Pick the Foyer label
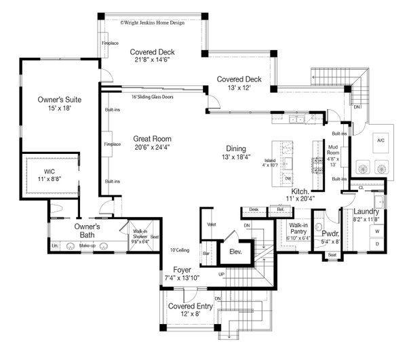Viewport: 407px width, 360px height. (181, 269)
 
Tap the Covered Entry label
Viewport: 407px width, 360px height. (191, 306)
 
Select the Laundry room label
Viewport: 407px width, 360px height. (367, 212)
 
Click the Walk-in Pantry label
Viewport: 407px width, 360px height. (299, 228)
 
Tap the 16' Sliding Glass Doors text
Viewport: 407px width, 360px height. (153, 97)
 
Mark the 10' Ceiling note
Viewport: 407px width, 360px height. (180, 250)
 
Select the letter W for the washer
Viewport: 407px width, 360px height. (378, 231)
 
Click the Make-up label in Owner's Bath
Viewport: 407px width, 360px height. (85, 244)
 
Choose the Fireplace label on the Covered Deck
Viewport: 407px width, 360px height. (105, 43)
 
